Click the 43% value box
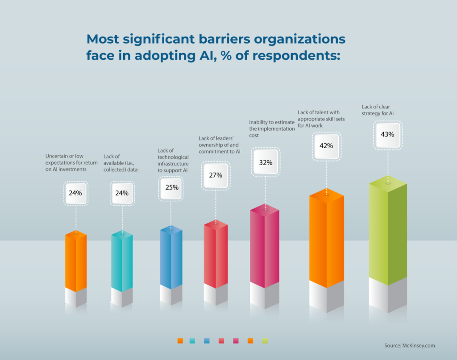387,135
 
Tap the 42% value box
327,145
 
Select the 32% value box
266,162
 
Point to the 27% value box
216,175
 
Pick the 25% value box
172,187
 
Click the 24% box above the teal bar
122,193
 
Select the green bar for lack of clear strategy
387,232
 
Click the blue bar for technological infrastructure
171,259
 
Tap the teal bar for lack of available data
122,263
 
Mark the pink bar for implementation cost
266,248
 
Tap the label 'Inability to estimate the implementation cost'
272,128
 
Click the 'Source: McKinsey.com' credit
409,345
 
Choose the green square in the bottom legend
265,341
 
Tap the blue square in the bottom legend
207,341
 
